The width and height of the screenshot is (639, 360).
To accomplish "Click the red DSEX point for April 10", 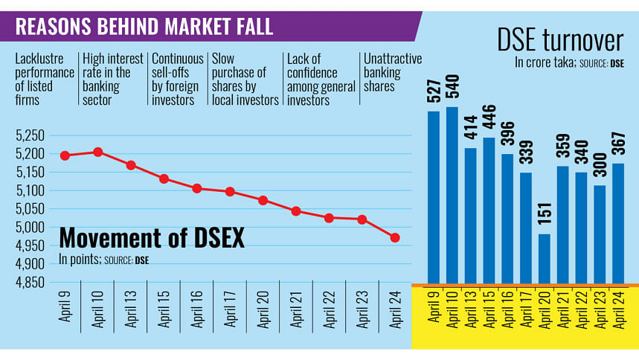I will pyautogui.click(x=98, y=152).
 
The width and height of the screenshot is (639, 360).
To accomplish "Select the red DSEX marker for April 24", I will pyautogui.click(x=395, y=237).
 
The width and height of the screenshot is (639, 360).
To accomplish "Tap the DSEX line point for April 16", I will pyautogui.click(x=197, y=189).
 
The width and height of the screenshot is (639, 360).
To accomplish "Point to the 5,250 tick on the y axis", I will pyautogui.click(x=30, y=135).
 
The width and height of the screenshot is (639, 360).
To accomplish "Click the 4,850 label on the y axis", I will pyautogui.click(x=30, y=283).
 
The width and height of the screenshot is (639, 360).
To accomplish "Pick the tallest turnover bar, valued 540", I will pyautogui.click(x=452, y=196).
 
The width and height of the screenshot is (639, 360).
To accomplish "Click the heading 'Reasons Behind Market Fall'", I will pyautogui.click(x=144, y=28).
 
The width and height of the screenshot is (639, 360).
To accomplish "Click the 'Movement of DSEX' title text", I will pyautogui.click(x=152, y=238).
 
